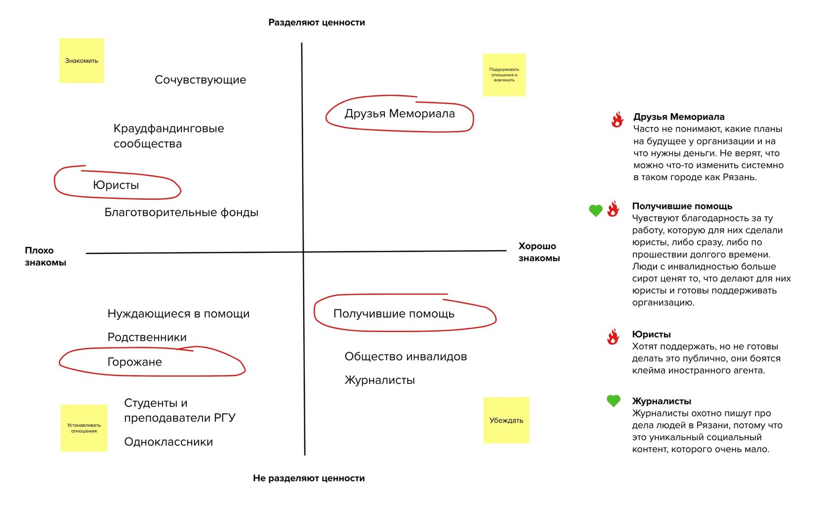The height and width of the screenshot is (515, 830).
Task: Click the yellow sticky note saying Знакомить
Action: (x=82, y=60)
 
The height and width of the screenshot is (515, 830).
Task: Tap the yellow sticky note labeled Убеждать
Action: (x=506, y=420)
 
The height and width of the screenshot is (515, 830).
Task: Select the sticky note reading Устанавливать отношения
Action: (x=83, y=428)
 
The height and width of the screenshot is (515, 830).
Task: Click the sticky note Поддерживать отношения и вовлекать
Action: (x=504, y=75)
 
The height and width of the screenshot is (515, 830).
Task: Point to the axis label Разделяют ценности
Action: (x=316, y=22)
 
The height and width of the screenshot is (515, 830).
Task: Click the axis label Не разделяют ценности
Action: (x=309, y=478)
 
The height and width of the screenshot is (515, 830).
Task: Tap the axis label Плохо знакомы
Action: (x=45, y=256)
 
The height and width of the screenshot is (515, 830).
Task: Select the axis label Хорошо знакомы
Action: (x=539, y=252)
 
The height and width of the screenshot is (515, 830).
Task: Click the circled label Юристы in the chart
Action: (x=116, y=185)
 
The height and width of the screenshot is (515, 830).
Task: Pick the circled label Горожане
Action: (x=134, y=362)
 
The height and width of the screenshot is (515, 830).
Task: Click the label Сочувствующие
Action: (x=200, y=80)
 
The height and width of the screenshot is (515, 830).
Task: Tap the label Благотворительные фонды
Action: (x=181, y=212)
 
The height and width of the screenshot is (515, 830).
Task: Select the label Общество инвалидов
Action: (x=406, y=356)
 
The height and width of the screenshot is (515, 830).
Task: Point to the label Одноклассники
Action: (x=168, y=442)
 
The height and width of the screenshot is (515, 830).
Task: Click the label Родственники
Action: (x=147, y=337)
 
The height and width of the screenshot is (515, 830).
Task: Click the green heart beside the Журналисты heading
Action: (x=613, y=401)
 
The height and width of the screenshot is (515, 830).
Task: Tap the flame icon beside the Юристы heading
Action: (x=613, y=337)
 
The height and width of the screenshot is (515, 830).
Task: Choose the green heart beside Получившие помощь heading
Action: (x=595, y=210)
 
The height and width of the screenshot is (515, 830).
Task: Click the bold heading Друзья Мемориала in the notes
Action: (x=679, y=117)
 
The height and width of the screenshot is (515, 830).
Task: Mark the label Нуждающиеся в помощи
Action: (x=178, y=314)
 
